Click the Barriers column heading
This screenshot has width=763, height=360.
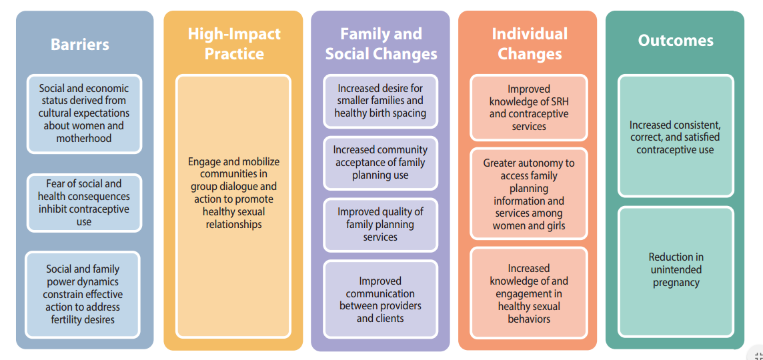(80, 44)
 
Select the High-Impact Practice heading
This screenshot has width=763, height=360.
(234, 43)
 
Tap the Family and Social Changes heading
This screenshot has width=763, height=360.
(381, 43)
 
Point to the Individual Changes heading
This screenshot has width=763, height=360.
(530, 43)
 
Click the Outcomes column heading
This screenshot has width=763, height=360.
(676, 41)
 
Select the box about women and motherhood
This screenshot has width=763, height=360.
(84, 114)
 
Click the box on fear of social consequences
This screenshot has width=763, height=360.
(84, 203)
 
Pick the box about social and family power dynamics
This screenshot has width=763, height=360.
(83, 295)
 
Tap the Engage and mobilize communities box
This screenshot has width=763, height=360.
(233, 206)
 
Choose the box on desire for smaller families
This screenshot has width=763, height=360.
(381, 101)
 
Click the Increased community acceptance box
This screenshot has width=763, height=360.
(381, 163)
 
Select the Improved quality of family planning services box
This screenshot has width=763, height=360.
(381, 225)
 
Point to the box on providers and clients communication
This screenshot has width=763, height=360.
(381, 299)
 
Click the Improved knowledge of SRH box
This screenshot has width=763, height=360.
(529, 107)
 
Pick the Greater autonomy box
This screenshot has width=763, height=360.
(529, 193)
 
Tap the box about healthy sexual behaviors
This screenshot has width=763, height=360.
(529, 293)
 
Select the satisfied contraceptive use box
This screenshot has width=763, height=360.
(676, 136)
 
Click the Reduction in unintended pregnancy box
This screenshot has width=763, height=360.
(676, 272)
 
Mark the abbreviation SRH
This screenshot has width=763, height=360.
(558, 102)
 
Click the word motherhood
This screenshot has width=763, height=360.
(85, 139)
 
